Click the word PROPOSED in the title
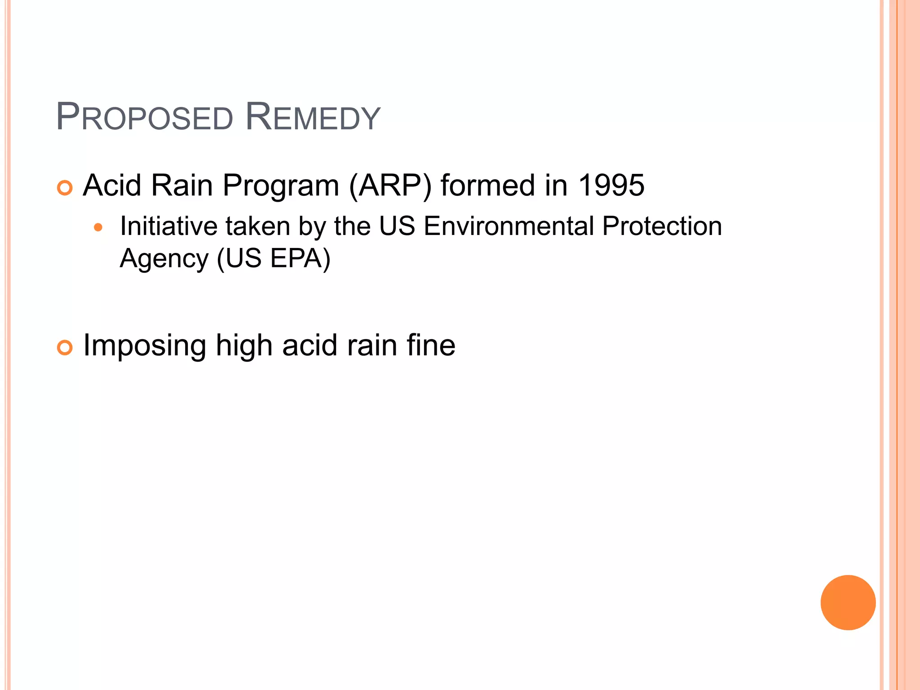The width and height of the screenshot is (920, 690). [x=145, y=118]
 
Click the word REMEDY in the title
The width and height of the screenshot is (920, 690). [x=313, y=118]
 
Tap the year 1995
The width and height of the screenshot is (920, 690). [x=611, y=185]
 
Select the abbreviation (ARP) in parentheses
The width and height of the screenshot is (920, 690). [x=390, y=186]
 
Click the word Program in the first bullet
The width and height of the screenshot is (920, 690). [x=281, y=186]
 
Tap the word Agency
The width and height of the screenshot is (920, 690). [x=164, y=259]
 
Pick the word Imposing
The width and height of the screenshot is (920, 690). [x=145, y=346]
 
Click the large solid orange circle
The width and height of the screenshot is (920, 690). [x=848, y=602]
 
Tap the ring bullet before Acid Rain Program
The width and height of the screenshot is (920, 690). [x=65, y=188]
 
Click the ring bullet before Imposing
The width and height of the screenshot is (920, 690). [x=65, y=348]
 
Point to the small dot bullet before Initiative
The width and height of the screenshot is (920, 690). [x=98, y=228]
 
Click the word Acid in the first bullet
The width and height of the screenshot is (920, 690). [x=112, y=185]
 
